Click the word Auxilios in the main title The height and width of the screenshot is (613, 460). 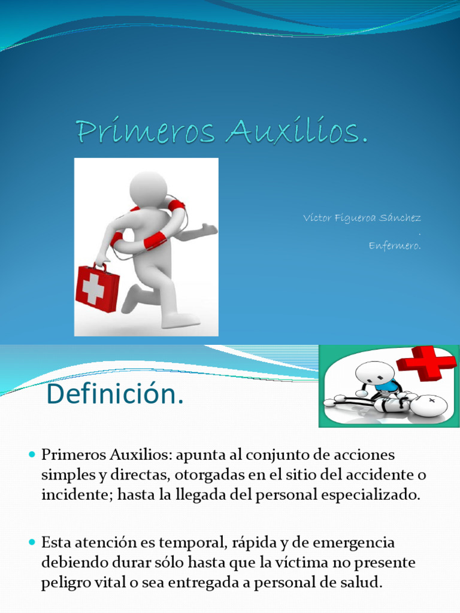pyautogui.click(x=295, y=132)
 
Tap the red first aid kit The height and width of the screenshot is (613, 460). pyautogui.click(x=97, y=289)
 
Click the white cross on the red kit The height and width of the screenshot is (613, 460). pyautogui.click(x=93, y=289)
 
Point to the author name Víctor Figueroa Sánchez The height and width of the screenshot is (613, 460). pyautogui.click(x=362, y=217)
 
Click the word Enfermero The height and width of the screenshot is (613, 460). pyautogui.click(x=395, y=245)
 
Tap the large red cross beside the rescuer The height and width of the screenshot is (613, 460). pyautogui.click(x=426, y=362)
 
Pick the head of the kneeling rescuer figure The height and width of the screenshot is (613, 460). pyautogui.click(x=374, y=372)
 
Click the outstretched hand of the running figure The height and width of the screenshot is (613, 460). pyautogui.click(x=209, y=229)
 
